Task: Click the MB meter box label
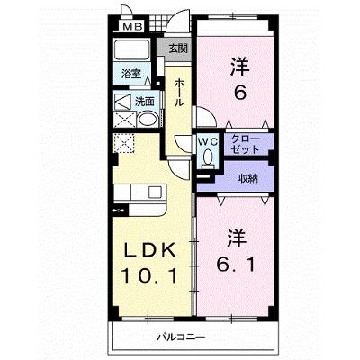click(x=132, y=27)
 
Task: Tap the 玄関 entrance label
click(x=178, y=49)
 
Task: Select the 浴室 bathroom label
click(x=131, y=74)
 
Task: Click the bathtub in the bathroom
click(x=132, y=49)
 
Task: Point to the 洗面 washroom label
click(x=145, y=102)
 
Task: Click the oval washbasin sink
click(x=148, y=121)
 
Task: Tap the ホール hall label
click(x=179, y=93)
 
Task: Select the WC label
click(x=207, y=142)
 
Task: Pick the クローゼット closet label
click(x=246, y=145)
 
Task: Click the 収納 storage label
click(x=248, y=179)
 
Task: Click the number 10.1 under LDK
click(x=148, y=276)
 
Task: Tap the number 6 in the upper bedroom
click(x=240, y=94)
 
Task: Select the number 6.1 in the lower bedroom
click(x=236, y=265)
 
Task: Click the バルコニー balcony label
click(x=182, y=337)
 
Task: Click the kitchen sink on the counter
click(x=155, y=192)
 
